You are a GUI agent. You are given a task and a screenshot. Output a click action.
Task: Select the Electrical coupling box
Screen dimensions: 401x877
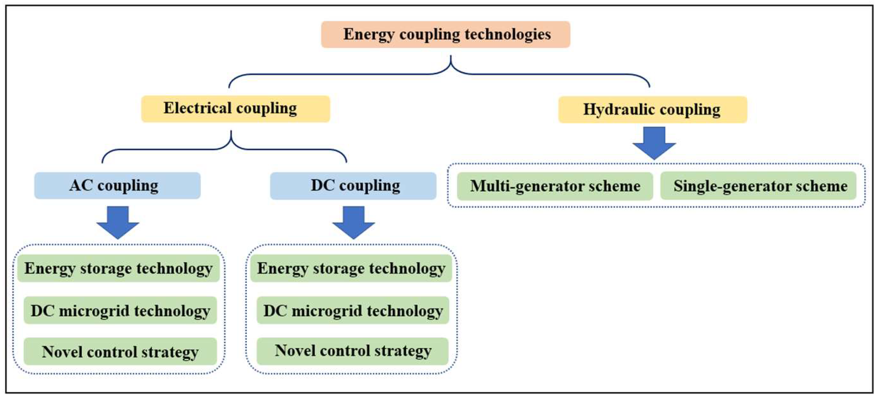tap(236, 109)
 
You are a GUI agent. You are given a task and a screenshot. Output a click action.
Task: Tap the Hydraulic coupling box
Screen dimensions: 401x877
tap(652, 110)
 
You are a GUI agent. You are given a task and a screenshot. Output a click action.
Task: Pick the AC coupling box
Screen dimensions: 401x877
tap(117, 186)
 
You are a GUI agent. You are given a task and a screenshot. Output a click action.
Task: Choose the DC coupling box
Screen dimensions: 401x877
tap(353, 186)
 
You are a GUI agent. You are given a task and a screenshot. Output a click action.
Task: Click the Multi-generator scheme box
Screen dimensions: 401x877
tap(555, 186)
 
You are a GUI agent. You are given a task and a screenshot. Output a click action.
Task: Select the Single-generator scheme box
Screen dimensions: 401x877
tap(758, 186)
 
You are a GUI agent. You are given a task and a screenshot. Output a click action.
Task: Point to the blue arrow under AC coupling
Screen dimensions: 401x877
tap(118, 222)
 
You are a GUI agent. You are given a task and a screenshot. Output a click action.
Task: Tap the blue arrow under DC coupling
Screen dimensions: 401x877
tap(353, 222)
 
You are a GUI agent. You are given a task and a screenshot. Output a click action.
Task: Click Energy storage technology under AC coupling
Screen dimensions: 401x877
tap(119, 268)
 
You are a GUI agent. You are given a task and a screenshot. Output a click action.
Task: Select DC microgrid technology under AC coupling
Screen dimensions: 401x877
tap(120, 310)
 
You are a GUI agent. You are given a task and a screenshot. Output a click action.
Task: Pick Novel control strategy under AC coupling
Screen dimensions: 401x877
tap(120, 351)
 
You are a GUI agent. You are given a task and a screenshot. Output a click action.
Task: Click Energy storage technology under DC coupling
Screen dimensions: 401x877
tap(351, 268)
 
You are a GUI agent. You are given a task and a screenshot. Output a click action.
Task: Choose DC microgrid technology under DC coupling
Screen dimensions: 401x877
tap(353, 310)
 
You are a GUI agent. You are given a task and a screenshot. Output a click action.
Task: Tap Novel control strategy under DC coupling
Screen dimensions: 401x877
tap(353, 351)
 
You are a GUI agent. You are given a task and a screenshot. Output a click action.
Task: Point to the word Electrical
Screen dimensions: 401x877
tap(198, 108)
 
